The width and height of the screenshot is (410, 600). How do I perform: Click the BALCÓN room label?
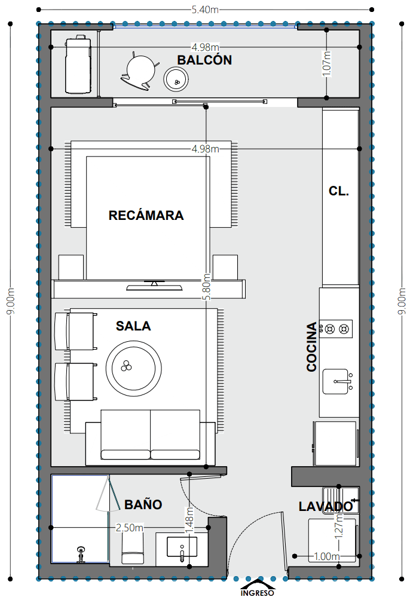204,60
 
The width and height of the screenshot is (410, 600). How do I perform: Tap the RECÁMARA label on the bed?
146,215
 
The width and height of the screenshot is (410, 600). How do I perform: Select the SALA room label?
133,326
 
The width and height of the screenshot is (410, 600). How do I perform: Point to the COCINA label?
311,347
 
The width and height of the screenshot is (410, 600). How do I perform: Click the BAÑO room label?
143,504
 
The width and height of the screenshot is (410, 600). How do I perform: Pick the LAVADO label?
326,506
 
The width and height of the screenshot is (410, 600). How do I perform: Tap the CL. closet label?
339,191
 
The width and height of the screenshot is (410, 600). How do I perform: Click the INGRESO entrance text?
257,593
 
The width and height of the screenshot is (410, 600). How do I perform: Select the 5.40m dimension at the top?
205,10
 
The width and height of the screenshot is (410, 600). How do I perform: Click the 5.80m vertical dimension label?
206,287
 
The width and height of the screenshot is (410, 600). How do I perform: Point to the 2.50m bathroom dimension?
130,528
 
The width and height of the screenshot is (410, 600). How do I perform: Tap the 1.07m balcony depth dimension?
326,63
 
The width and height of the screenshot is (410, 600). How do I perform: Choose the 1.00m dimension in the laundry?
326,556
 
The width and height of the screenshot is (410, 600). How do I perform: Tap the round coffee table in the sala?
134,369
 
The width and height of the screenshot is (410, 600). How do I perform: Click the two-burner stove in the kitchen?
336,329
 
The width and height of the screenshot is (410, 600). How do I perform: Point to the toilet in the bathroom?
133,547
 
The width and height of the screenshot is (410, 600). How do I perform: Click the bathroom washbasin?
182,547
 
